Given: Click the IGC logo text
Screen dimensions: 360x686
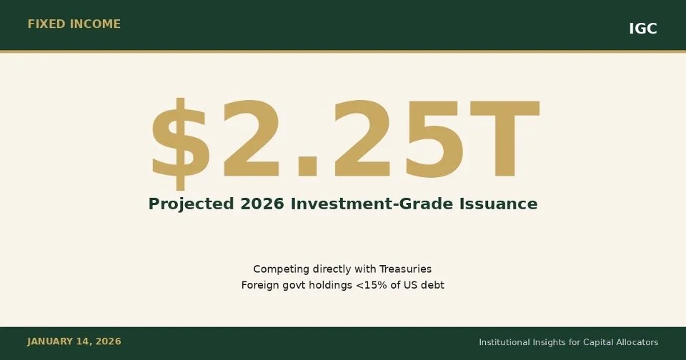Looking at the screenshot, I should [642, 29].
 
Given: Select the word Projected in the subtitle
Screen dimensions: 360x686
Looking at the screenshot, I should [191, 204].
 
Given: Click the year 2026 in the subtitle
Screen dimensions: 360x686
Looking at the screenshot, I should [262, 204].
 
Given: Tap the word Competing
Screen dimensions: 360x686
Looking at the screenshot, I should [282, 269].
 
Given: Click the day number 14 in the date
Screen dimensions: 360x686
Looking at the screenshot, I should [89, 342].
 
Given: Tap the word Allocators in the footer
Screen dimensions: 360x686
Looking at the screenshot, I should [636, 343].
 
